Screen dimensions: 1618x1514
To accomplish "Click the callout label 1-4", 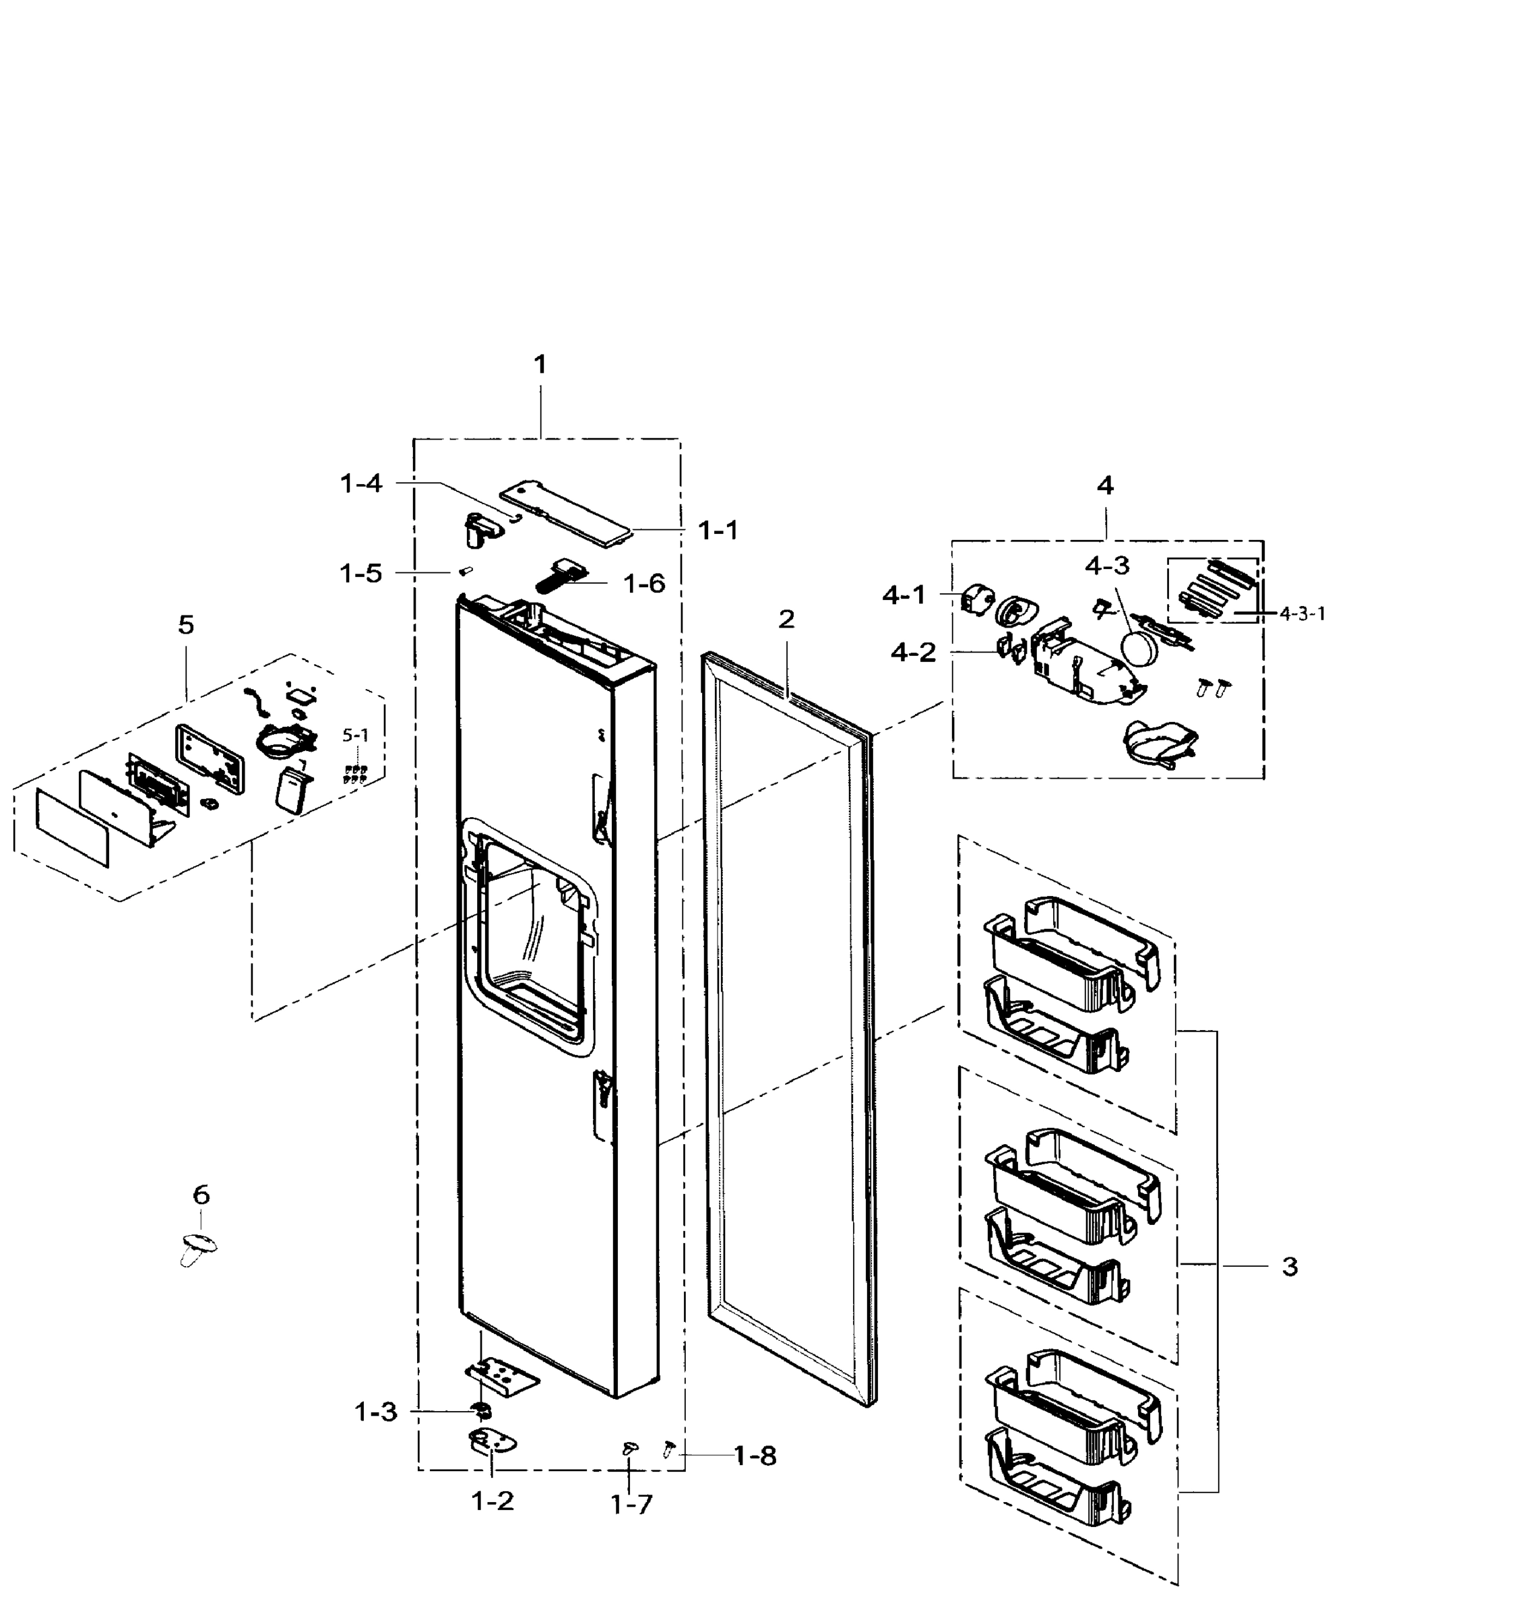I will pyautogui.click(x=360, y=483).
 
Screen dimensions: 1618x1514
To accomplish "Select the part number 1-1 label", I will pyautogui.click(x=718, y=531).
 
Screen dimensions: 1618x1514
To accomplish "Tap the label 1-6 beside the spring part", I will pyautogui.click(x=643, y=584).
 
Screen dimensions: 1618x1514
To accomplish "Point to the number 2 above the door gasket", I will pyautogui.click(x=786, y=620).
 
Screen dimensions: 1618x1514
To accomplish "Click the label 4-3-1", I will pyautogui.click(x=1302, y=613).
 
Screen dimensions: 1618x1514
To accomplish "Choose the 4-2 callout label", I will pyautogui.click(x=913, y=652).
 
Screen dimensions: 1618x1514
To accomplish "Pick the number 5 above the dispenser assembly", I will pyautogui.click(x=186, y=625).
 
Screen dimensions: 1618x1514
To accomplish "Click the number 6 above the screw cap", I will pyautogui.click(x=201, y=1195).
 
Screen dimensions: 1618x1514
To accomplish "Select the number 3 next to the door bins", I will pyautogui.click(x=1290, y=1266).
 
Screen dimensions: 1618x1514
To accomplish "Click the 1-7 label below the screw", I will pyautogui.click(x=631, y=1505).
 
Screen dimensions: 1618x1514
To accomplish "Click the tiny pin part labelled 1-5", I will pyautogui.click(x=466, y=570).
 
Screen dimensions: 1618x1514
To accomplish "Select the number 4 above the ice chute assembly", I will pyautogui.click(x=1105, y=486).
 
